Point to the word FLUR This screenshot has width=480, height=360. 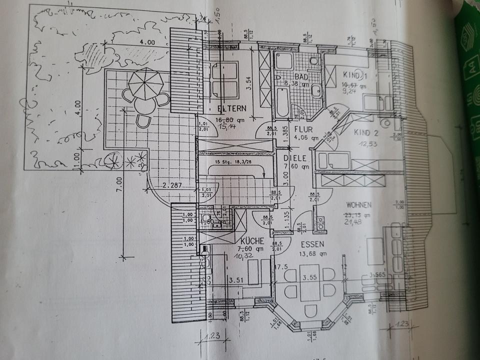tap(303, 129)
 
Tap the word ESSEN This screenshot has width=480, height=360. tap(312, 244)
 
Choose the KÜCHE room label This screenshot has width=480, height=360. tap(251, 240)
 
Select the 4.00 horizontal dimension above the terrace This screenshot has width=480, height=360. tap(147, 43)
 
